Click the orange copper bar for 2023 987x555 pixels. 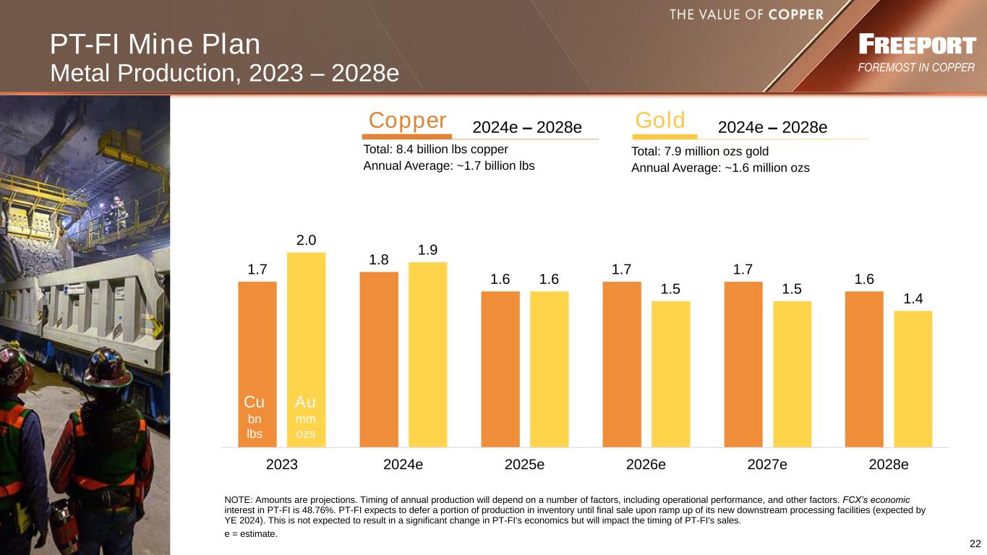pos(257,340)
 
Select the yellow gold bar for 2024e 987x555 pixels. pos(428,354)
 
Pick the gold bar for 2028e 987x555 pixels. pos(913,379)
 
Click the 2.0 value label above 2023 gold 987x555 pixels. pos(307,240)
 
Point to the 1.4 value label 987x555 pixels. pos(913,298)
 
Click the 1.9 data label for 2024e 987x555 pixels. pos(428,250)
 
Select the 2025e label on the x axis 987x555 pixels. pos(524,465)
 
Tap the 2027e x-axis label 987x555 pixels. pos(767,465)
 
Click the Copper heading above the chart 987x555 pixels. pos(407,121)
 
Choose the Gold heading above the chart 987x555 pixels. pos(660,121)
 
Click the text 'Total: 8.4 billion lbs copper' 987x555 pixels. pos(435,150)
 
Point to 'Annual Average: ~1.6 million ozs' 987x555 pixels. pos(720,168)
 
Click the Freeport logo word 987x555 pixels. pos(917,46)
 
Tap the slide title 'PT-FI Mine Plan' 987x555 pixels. pos(155,46)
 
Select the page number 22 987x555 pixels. pos(975,543)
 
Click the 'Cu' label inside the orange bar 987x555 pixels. pos(255,402)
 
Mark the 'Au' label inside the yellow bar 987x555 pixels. pos(306,402)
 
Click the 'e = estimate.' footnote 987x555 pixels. pos(251,534)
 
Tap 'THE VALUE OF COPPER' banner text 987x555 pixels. pos(746,14)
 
